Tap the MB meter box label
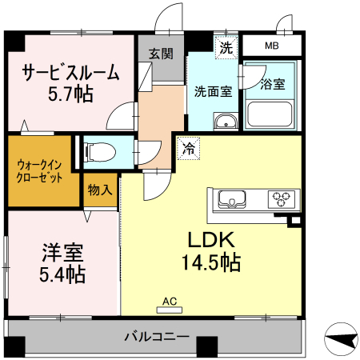tap(271, 46)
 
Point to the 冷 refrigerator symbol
tap(188, 148)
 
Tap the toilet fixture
tap(99, 150)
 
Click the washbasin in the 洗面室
tap(225, 121)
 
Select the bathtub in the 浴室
tap(270, 114)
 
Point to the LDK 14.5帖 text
tap(211, 250)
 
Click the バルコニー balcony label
tap(156, 337)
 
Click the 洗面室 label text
tap(214, 90)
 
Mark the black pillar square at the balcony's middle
tap(207, 346)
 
